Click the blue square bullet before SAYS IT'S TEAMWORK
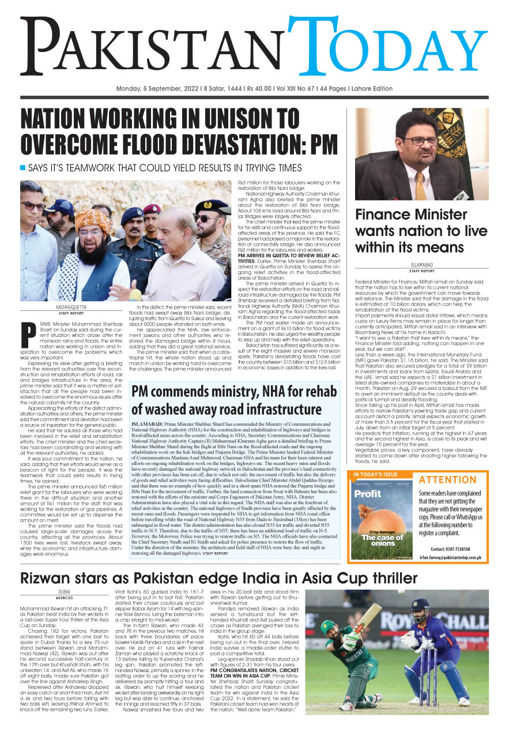pos(23,168)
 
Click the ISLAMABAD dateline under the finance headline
pos(421,265)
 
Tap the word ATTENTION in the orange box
pos(447,479)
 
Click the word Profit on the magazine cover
pos(367,493)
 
